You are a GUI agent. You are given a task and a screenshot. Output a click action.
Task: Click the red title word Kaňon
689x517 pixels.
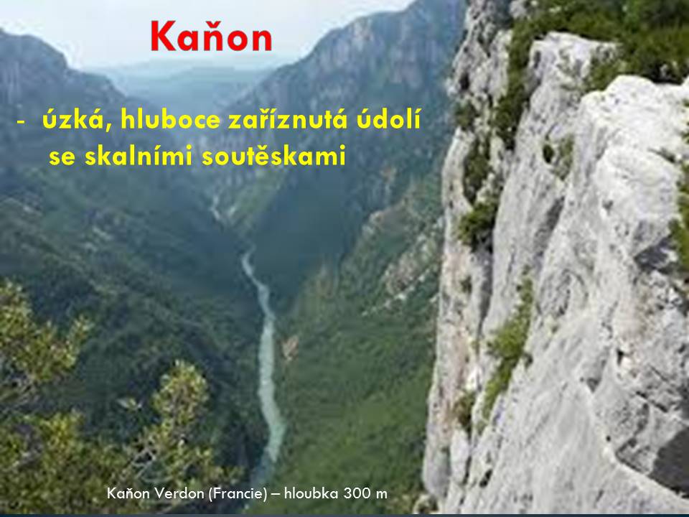(x=211, y=36)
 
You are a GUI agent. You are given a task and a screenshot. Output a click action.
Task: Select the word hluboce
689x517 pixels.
(x=171, y=119)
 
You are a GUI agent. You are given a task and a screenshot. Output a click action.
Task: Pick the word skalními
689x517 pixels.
(x=139, y=155)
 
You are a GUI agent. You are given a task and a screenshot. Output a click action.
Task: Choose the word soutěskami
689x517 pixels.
(x=273, y=155)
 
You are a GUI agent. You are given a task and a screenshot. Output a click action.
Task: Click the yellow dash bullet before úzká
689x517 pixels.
(x=21, y=121)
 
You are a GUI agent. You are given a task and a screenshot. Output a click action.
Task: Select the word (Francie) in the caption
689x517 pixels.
(x=238, y=494)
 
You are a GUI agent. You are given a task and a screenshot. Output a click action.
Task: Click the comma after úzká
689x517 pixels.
(x=108, y=129)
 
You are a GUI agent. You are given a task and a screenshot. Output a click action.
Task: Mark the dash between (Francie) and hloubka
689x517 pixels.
(x=276, y=495)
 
